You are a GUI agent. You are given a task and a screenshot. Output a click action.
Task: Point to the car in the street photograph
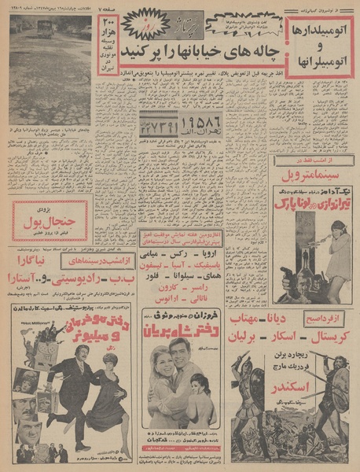pos(44,29)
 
